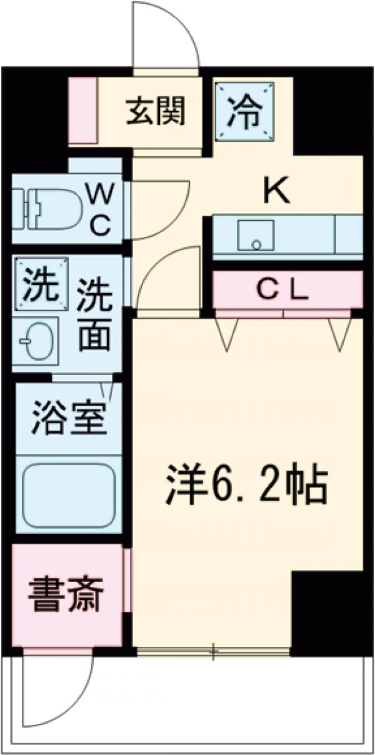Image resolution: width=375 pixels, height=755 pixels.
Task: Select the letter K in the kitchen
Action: (x=276, y=191)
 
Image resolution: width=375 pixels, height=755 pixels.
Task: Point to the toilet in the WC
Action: (x=47, y=209)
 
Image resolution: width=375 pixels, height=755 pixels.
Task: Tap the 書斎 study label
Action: (x=65, y=594)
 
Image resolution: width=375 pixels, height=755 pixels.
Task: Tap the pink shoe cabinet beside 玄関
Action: (x=82, y=111)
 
